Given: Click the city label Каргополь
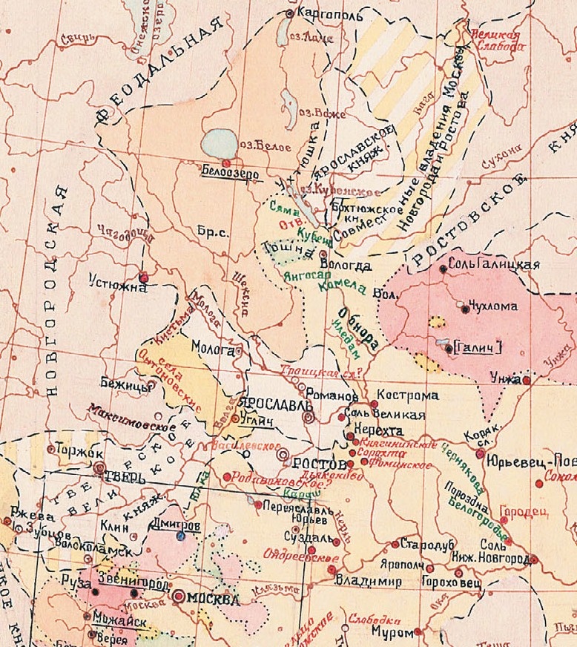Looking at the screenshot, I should [x=320, y=13].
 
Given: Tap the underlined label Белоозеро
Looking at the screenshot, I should [x=222, y=170].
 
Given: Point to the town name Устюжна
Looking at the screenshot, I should [x=111, y=281].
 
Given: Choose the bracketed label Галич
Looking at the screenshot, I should [x=477, y=346].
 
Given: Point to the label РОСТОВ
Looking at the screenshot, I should [x=319, y=463].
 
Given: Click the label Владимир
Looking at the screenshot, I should [x=363, y=580].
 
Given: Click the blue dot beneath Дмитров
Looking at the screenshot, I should [x=180, y=536].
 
